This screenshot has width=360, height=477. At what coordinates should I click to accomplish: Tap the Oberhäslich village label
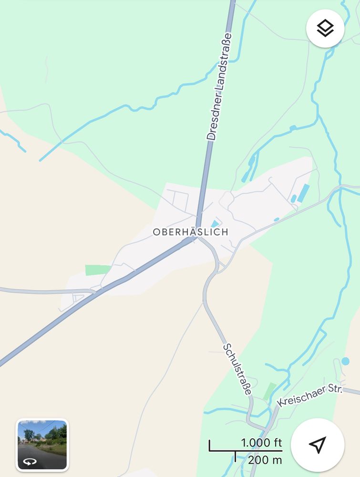click(190, 232)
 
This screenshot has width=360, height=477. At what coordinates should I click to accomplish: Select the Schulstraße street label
click(237, 369)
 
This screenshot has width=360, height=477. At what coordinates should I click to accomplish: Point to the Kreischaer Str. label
click(310, 395)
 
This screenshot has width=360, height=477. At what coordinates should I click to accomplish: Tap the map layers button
click(325, 29)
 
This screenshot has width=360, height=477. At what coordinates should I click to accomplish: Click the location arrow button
click(317, 445)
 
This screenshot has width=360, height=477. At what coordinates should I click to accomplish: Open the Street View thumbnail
click(42, 445)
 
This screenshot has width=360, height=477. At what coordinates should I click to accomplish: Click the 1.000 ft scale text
click(261, 443)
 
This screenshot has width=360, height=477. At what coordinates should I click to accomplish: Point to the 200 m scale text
click(265, 460)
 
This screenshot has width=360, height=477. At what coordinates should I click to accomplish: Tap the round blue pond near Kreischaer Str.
click(345, 361)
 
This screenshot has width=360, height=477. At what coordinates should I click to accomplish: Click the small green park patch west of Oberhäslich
click(97, 270)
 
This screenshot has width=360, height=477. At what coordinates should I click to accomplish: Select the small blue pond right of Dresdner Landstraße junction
click(216, 224)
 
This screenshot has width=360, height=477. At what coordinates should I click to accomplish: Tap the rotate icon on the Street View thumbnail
click(30, 462)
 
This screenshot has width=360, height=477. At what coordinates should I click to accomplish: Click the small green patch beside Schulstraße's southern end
click(269, 391)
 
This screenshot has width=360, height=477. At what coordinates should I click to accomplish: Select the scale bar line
click(245, 450)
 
